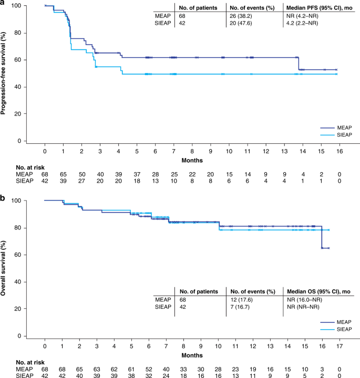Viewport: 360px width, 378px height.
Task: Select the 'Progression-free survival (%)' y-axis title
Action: point(4,73)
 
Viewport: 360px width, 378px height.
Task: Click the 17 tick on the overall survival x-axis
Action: point(340,346)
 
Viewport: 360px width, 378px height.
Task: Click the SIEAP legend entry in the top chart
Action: point(342,135)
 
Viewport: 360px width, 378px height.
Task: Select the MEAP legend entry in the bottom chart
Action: point(342,321)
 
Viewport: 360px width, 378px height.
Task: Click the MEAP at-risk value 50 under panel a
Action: point(82,174)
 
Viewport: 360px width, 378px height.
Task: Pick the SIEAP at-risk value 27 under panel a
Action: point(82,181)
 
